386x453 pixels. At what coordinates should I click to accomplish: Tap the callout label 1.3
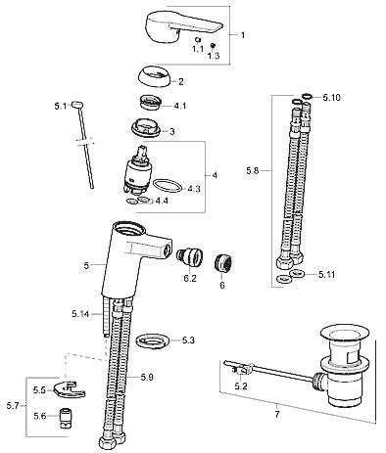point(214,56)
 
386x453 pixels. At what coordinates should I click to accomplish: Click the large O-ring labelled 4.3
point(168,186)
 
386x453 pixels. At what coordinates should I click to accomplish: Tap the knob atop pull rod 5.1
point(77,105)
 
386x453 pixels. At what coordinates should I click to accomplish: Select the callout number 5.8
point(253,170)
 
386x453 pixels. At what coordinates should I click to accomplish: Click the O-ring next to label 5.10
point(307,96)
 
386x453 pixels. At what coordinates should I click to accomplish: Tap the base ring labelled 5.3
point(152,341)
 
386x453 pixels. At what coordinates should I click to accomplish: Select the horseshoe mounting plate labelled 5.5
point(70,389)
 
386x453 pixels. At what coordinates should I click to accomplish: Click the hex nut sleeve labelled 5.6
point(66,418)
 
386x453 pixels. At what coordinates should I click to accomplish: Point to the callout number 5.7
point(13,406)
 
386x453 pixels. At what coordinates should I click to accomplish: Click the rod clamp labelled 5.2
point(242,370)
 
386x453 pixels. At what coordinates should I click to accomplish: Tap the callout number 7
point(277,415)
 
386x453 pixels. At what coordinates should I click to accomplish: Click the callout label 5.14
point(80,314)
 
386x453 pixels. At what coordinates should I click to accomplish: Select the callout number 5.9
point(147,378)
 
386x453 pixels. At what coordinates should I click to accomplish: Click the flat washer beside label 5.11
point(297,272)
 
